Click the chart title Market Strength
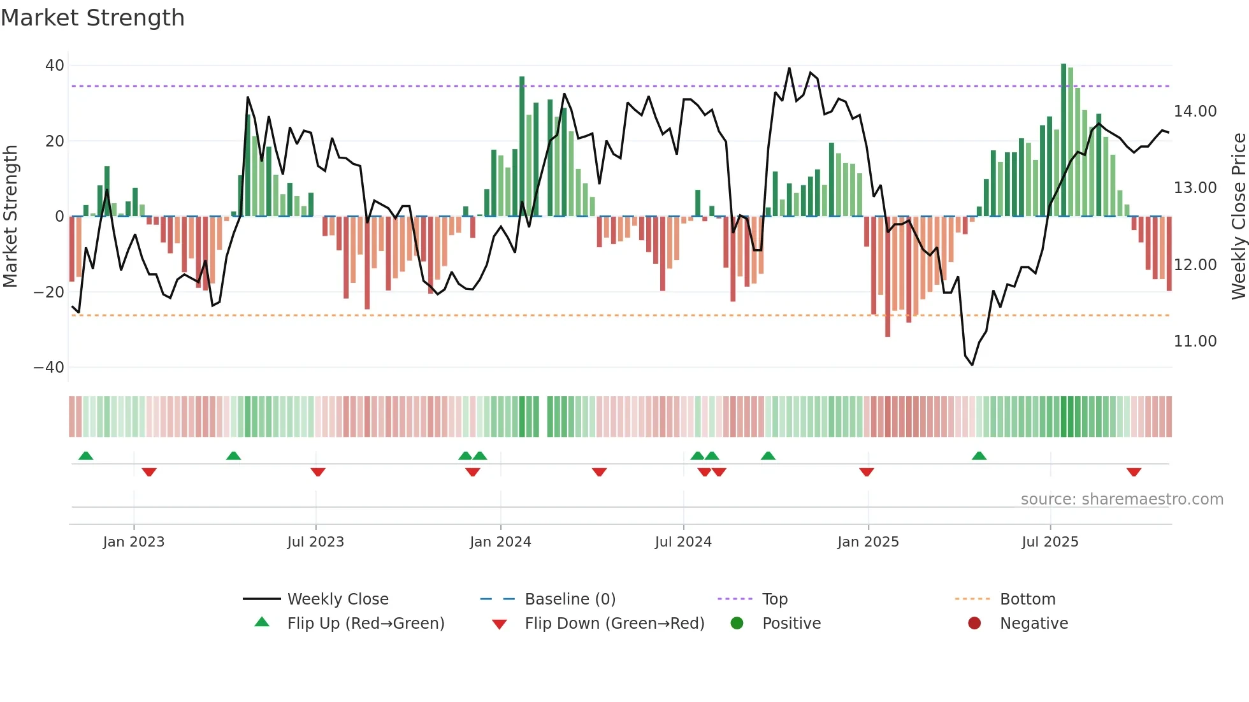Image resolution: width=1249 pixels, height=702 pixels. click(92, 18)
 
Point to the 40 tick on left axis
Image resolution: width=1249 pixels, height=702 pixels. click(55, 66)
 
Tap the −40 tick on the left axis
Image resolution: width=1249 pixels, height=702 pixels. click(49, 368)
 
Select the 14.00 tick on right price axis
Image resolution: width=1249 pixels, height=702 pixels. click(1195, 111)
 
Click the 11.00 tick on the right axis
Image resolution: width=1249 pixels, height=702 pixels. click(1195, 341)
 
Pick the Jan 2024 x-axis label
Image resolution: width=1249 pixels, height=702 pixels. click(500, 542)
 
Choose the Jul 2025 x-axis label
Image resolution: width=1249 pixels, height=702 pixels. click(1050, 542)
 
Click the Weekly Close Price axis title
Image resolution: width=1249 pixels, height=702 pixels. click(1238, 217)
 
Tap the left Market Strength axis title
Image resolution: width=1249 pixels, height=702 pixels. click(11, 217)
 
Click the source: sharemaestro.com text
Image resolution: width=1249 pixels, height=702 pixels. click(1122, 499)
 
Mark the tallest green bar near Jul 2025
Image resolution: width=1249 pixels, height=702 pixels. click(1064, 140)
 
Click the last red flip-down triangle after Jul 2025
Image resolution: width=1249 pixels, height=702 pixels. click(1134, 472)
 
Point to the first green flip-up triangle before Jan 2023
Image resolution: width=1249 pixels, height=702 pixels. click(85, 455)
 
